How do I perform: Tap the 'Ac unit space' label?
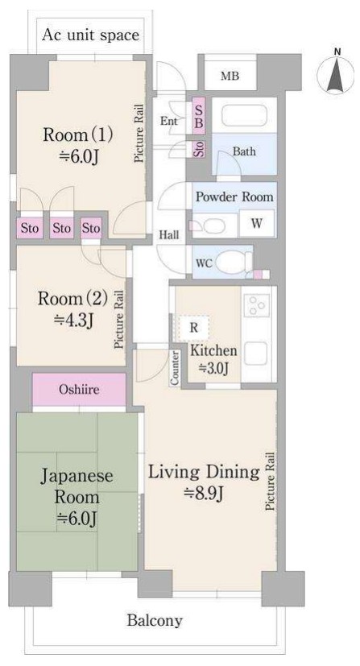pyautogui.click(x=90, y=35)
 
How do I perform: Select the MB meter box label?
pyautogui.click(x=230, y=76)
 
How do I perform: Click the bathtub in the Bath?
pyautogui.click(x=244, y=114)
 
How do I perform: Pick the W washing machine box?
pyautogui.click(x=256, y=223)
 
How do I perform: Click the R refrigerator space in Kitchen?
pyautogui.click(x=193, y=328)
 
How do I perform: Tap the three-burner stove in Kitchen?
pyautogui.click(x=257, y=305)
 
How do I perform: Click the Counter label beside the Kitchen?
pyautogui.click(x=175, y=368)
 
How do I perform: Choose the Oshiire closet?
pyautogui.click(x=80, y=390)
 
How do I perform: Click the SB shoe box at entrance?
pyautogui.click(x=199, y=117)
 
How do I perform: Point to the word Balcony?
pyautogui.click(x=155, y=621)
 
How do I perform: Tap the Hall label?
pyautogui.click(x=169, y=235)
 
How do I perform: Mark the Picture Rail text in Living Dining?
pyautogui.click(x=270, y=482)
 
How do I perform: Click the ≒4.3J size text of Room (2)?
pyautogui.click(x=74, y=320)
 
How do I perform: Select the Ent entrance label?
pyautogui.click(x=168, y=121)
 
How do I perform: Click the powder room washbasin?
pyautogui.click(x=210, y=225)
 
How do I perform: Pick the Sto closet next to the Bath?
pyautogui.click(x=199, y=149)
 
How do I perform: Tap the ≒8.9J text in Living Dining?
pyautogui.click(x=204, y=494)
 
